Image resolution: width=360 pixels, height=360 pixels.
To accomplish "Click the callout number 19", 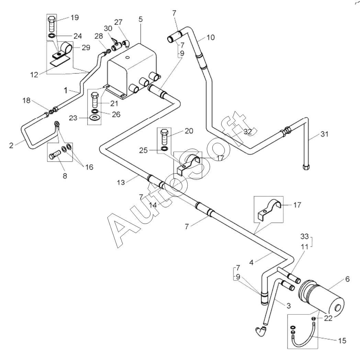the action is point(75,18).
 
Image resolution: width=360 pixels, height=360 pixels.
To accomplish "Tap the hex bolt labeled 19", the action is point(52,24).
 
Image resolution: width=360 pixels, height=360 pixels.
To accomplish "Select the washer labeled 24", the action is point(52,36).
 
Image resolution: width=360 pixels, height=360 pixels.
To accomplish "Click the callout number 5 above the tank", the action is point(140,19).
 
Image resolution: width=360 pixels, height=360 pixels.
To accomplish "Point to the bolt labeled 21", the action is point(95,99).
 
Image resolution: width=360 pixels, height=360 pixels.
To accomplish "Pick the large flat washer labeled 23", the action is point(94,118).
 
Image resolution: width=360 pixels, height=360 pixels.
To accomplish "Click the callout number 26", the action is point(116,114).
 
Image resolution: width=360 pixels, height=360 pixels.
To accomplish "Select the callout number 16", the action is point(89,167).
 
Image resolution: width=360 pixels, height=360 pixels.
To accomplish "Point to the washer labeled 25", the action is point(165,149).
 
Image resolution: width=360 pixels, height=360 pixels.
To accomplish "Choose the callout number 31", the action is point(324,134).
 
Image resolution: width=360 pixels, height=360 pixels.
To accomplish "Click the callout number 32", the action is point(248,132).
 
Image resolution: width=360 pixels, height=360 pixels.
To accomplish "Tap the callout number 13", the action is point(121,183).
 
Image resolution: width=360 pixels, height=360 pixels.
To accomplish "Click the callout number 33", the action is point(304,236).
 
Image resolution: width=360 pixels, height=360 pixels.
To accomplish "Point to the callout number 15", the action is point(342,340).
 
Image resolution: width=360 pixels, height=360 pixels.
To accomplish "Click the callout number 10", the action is point(211,37).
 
